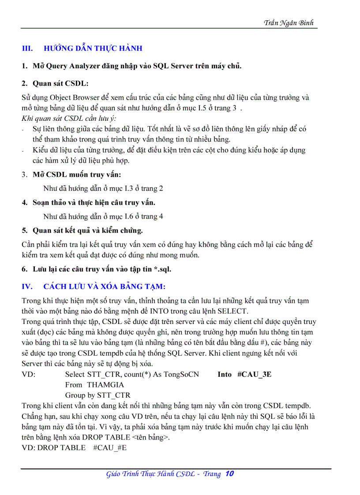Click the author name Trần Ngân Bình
[289, 23]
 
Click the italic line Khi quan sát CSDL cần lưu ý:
[69, 118]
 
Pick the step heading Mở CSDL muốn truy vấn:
[77, 175]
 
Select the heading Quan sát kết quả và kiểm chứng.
[88, 230]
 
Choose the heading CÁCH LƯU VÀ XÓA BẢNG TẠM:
[104, 287]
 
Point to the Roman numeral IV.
[27, 287]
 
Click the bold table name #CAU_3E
[254, 374]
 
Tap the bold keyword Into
[225, 374]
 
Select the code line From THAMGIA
[94, 385]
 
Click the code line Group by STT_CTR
[97, 395]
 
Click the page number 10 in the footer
[229, 474]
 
